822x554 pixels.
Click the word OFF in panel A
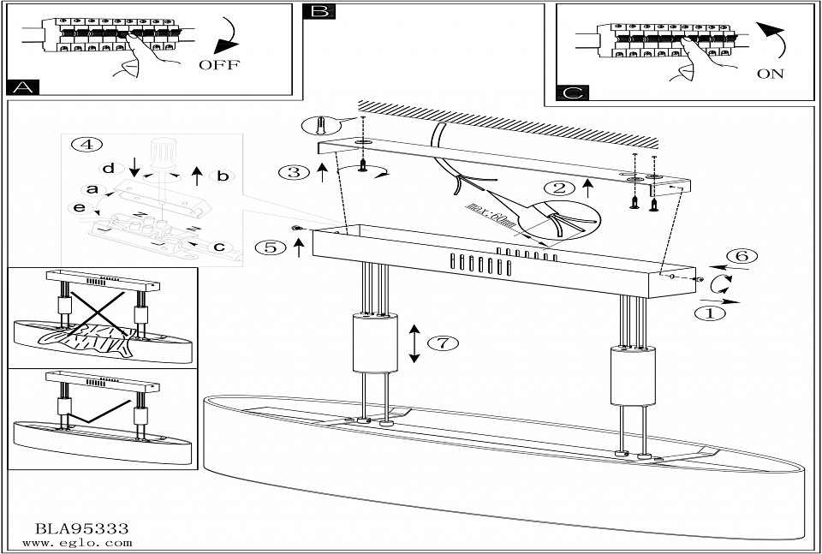pyautogui.click(x=219, y=65)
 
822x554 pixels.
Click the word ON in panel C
pyautogui.click(x=770, y=74)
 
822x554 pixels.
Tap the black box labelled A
pyautogui.click(x=22, y=87)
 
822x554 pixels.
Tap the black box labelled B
pyautogui.click(x=319, y=11)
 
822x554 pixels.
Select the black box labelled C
pyautogui.click(x=571, y=92)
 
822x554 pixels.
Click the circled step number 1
pyautogui.click(x=708, y=313)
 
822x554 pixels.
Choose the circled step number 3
pyautogui.click(x=293, y=172)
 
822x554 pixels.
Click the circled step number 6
pyautogui.click(x=742, y=256)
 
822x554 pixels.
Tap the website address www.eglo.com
pyautogui.click(x=77, y=543)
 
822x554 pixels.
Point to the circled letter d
pyautogui.click(x=108, y=167)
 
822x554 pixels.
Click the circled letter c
pyautogui.click(x=219, y=247)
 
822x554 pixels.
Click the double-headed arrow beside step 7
pyautogui.click(x=414, y=343)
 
